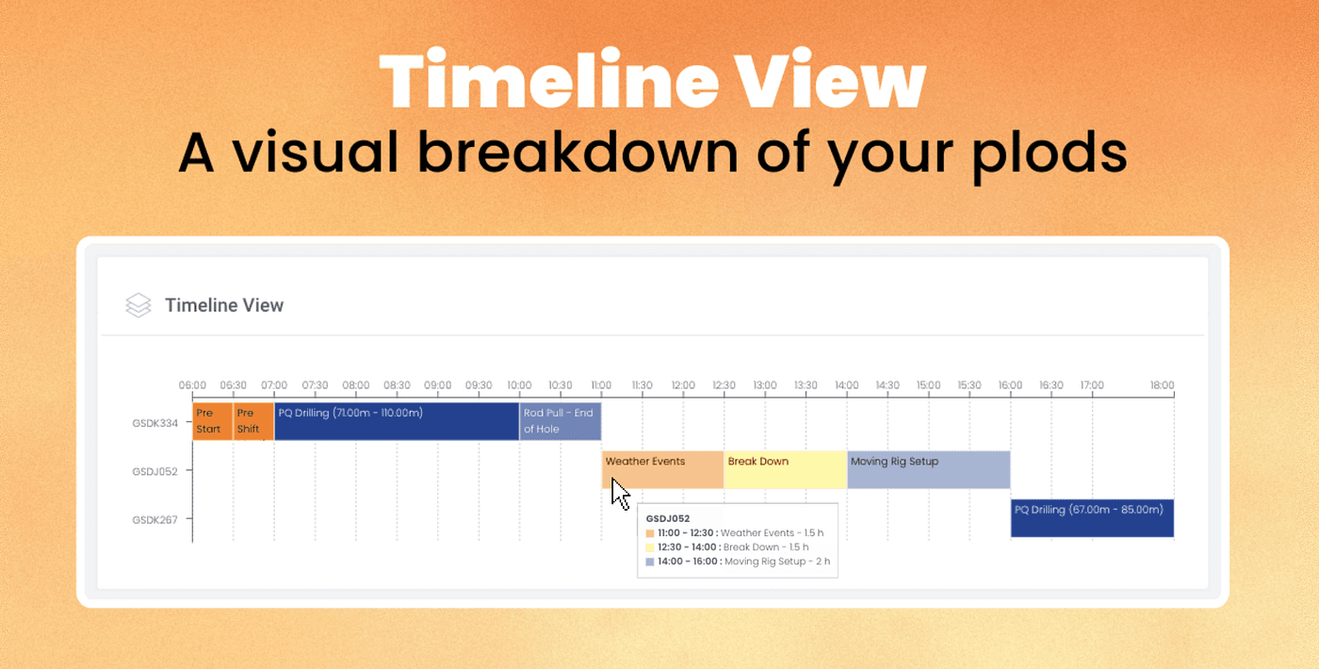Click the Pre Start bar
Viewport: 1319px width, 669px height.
(x=213, y=421)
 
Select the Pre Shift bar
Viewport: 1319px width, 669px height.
(x=253, y=421)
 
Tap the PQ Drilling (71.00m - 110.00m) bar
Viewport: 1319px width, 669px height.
(x=397, y=421)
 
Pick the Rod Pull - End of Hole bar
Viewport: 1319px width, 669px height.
(x=560, y=421)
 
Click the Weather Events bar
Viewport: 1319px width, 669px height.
(x=662, y=469)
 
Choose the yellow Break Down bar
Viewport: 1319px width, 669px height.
(x=786, y=469)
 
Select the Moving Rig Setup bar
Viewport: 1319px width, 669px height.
(x=929, y=469)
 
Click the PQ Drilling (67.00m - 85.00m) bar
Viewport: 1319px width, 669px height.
(x=1092, y=518)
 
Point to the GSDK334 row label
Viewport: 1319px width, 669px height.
(x=155, y=423)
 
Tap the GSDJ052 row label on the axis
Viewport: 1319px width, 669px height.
(x=155, y=471)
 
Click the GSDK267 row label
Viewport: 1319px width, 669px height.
(x=155, y=519)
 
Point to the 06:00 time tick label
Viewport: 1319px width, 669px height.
(x=192, y=385)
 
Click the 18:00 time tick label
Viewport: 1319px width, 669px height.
(x=1163, y=385)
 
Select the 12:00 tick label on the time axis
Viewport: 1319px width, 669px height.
(x=683, y=385)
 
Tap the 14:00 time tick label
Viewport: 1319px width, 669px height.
(x=847, y=385)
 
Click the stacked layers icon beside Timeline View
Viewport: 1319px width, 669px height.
(x=138, y=305)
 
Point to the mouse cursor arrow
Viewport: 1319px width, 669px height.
(x=620, y=494)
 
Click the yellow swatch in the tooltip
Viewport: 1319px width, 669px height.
(x=650, y=547)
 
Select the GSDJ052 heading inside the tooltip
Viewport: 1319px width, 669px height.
(x=668, y=519)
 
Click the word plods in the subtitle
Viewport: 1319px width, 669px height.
(x=1050, y=153)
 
